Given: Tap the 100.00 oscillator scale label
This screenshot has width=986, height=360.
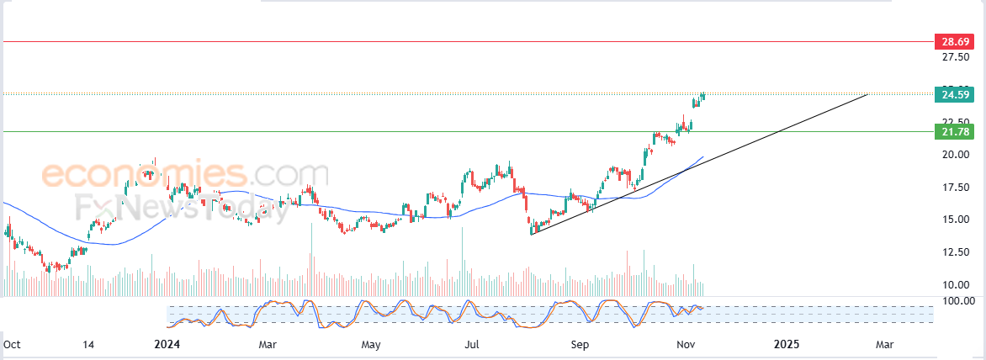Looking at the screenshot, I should pos(957,300).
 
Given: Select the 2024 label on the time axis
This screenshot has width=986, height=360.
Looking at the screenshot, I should pos(168,344).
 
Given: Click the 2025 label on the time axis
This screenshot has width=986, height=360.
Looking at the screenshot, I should pos(787,344).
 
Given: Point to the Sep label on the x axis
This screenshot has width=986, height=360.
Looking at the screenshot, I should pos(579,344).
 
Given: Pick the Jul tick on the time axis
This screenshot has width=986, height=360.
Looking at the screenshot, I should pos(474,344).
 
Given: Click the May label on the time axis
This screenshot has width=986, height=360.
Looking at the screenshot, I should pos(371,344).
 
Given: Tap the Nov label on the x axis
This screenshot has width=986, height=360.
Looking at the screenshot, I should pos(686,344).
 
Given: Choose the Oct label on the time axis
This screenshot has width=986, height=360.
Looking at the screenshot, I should pos(12,344).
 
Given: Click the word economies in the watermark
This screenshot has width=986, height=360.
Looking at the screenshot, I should pos(144,176).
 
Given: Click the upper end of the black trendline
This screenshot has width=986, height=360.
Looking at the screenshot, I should pos(867,94).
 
